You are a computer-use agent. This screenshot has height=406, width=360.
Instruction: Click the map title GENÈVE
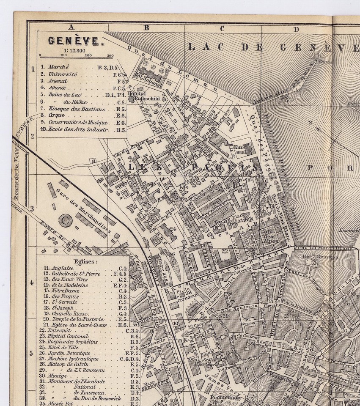(74, 41)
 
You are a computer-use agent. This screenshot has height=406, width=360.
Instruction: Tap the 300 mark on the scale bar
(110, 55)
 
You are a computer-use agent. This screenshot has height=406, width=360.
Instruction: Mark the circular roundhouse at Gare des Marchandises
(66, 219)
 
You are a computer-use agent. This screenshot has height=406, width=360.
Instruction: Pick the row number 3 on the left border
(32, 209)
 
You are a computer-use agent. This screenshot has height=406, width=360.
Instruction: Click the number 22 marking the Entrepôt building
(225, 251)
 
